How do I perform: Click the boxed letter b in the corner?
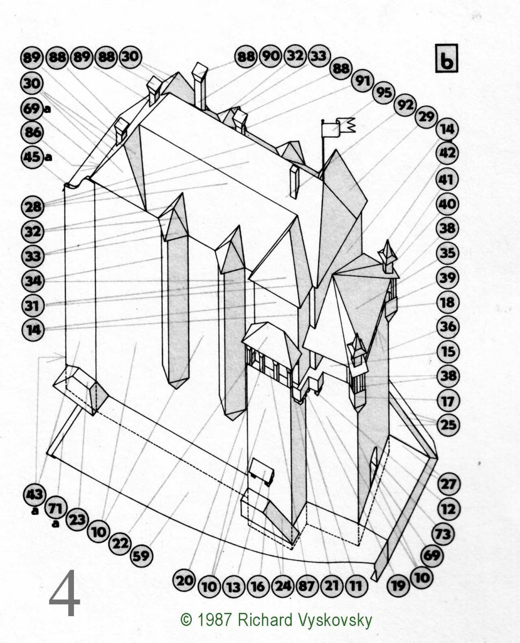[447, 58]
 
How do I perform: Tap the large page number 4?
[64, 596]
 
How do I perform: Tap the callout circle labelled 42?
[447, 153]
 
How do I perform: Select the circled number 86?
[32, 132]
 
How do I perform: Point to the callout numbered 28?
[33, 207]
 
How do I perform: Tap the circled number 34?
[33, 281]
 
